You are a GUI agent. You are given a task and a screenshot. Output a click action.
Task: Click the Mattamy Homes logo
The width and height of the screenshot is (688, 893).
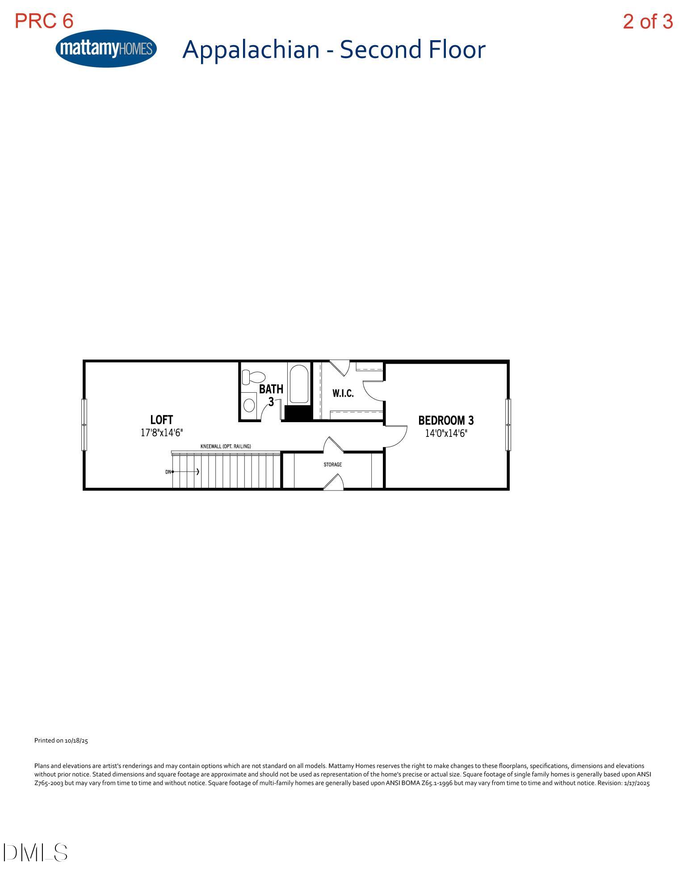pyautogui.click(x=106, y=49)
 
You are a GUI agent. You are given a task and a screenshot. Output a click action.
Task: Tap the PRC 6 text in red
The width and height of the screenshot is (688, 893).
pyautogui.click(x=44, y=21)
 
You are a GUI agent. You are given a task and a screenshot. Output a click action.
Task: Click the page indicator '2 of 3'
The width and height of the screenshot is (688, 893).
pyautogui.click(x=647, y=21)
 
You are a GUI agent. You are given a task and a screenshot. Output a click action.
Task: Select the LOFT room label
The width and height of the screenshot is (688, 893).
pyautogui.click(x=161, y=419)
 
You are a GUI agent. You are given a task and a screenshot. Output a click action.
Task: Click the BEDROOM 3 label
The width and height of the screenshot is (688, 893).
pyautogui.click(x=445, y=420)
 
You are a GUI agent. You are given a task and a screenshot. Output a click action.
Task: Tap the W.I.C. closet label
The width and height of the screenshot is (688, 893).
pyautogui.click(x=343, y=394)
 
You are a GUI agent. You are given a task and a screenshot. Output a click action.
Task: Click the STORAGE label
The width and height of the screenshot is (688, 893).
pyautogui.click(x=333, y=465)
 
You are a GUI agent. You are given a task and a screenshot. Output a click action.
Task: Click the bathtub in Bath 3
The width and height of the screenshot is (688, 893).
pyautogui.click(x=299, y=384)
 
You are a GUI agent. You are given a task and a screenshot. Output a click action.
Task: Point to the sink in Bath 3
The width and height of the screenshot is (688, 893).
pyautogui.click(x=249, y=405)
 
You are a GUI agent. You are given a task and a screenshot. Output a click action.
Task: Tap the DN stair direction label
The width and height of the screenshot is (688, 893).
pyautogui.click(x=168, y=472)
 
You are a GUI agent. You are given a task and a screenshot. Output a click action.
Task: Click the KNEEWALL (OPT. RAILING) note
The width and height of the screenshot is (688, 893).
pyautogui.click(x=226, y=446)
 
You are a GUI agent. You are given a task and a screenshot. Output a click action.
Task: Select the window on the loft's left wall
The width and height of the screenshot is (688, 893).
pyautogui.click(x=84, y=424)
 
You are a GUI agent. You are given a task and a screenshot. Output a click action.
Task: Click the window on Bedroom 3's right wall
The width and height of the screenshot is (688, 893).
pyautogui.click(x=508, y=424)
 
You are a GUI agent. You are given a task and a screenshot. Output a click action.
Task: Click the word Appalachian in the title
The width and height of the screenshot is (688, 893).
pyautogui.click(x=251, y=49)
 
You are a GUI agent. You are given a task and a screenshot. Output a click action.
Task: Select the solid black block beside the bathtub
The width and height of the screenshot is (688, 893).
pyautogui.click(x=298, y=413)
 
